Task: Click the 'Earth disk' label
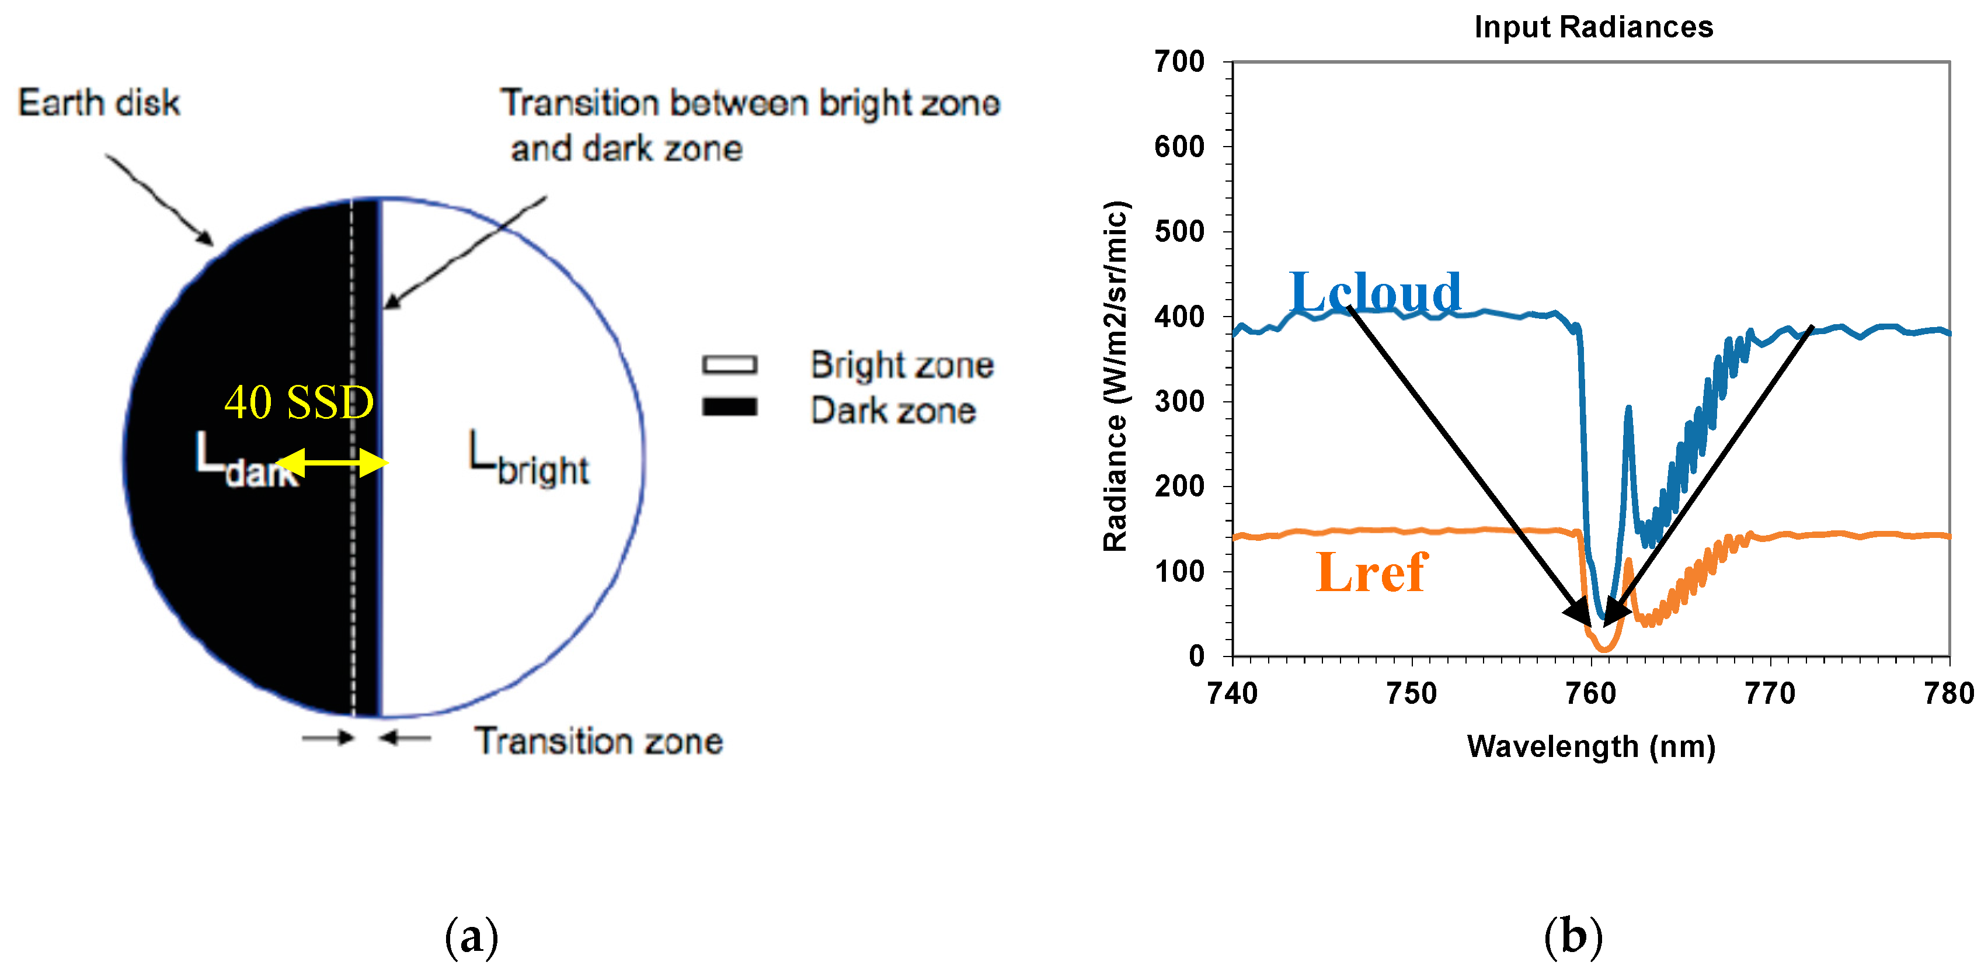point(99,103)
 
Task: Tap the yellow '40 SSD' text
point(299,402)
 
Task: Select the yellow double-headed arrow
point(332,463)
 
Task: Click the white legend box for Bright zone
point(729,364)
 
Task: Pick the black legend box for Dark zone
point(729,407)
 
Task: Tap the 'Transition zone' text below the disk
point(599,741)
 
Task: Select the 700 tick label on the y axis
point(1179,62)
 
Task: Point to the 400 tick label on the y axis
point(1179,317)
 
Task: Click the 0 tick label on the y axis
point(1196,657)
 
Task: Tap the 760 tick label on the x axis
point(1590,694)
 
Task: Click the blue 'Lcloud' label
point(1375,292)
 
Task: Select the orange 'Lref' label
point(1371,572)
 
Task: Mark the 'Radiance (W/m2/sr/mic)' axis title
point(1116,376)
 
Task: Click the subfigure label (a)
point(472,937)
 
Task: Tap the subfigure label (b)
point(1573,937)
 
